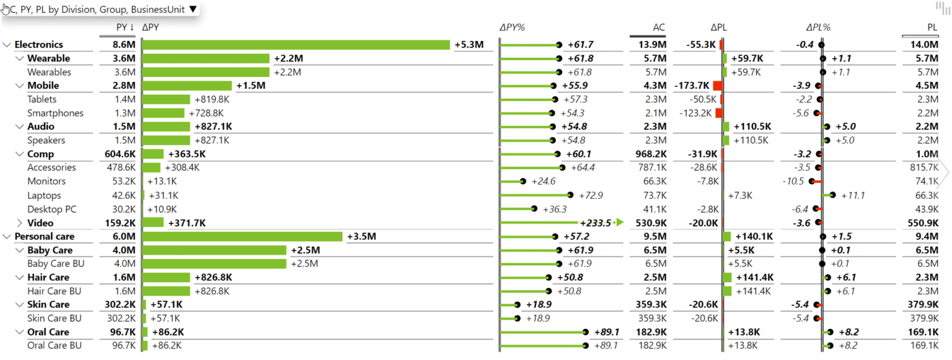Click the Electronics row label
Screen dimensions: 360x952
pos(38,45)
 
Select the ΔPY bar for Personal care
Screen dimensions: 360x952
pos(242,237)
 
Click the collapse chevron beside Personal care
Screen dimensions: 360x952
pos(7,237)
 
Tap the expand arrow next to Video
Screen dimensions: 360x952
pos(19,223)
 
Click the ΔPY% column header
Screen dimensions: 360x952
pos(512,27)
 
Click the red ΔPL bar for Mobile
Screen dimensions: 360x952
pos(718,86)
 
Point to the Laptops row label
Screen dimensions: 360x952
pos(44,196)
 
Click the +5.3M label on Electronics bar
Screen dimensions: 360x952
pos(469,45)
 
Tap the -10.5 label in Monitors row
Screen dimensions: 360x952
pos(793,182)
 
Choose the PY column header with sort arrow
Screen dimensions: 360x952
pos(125,27)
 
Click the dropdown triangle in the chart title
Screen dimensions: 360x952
pos(193,9)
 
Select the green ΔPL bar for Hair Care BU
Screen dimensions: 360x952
pos(727,291)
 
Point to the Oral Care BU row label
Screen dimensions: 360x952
pos(54,346)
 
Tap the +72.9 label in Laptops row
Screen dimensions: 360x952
pos(590,196)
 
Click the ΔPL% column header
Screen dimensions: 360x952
pos(818,27)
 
